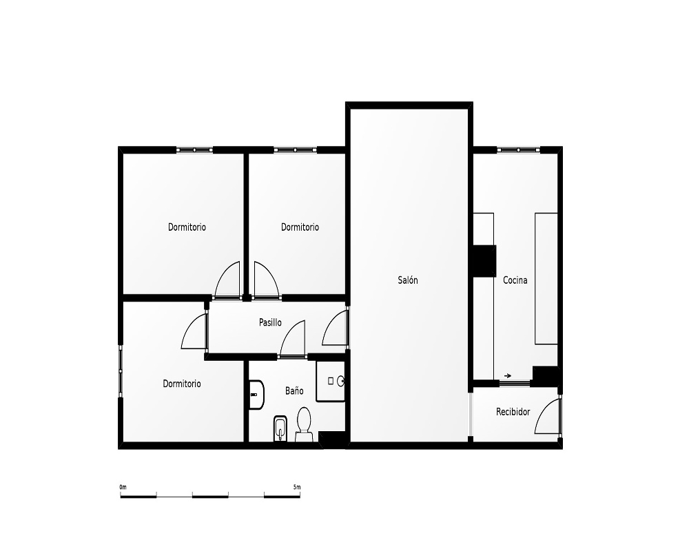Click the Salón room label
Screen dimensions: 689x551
point(408,280)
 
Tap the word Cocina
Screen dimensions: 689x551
point(515,280)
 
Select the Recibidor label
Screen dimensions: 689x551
point(513,412)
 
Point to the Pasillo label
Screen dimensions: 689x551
point(270,322)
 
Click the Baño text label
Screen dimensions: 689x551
point(294,391)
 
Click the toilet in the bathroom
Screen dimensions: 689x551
point(304,424)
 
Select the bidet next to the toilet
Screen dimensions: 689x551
point(280,428)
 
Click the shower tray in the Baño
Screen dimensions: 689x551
point(331,382)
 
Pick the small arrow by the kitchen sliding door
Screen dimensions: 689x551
point(508,375)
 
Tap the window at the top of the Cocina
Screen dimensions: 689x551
point(519,150)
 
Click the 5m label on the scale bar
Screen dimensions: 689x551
point(297,487)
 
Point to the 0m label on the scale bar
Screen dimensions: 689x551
point(123,487)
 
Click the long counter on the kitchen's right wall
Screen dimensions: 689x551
point(546,278)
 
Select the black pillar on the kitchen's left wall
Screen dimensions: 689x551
point(484,261)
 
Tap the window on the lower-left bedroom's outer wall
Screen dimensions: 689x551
point(121,371)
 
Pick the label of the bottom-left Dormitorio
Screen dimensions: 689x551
point(182,384)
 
